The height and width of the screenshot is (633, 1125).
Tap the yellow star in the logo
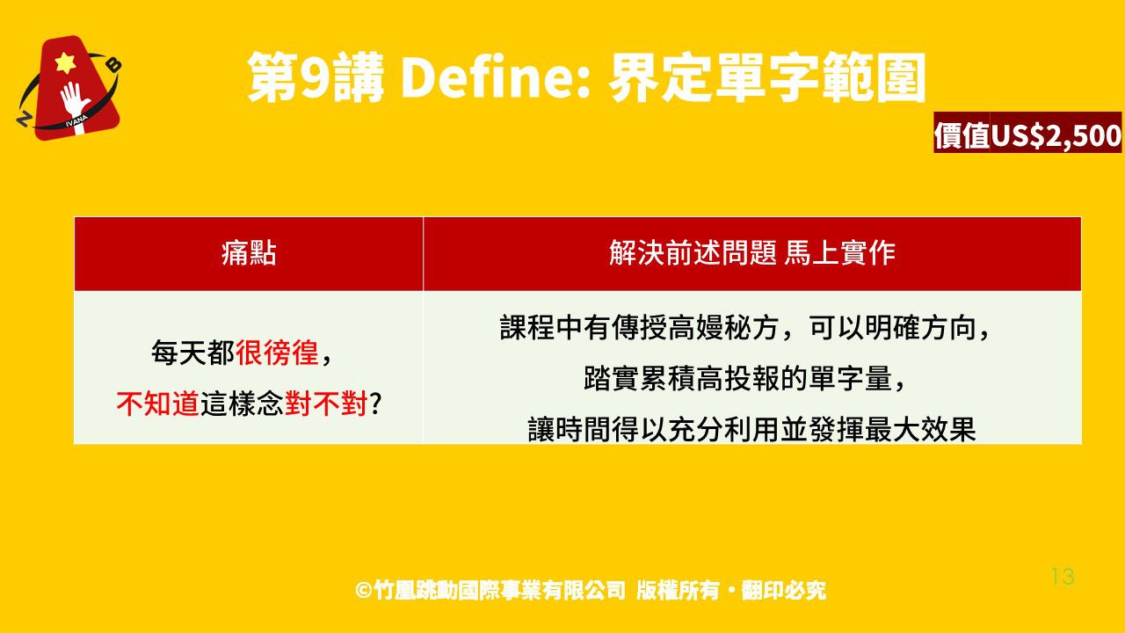tap(65, 62)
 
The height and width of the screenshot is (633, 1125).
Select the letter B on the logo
tap(115, 65)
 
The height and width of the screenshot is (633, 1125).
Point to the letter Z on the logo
tap(23, 119)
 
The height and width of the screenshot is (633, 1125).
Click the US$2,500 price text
tap(1056, 135)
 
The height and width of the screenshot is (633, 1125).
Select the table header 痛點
tap(249, 252)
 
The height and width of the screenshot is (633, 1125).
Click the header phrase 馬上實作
tap(839, 252)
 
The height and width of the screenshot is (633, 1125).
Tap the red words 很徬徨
tap(277, 353)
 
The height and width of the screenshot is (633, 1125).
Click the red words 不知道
tap(157, 404)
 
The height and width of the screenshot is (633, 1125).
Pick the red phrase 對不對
tap(326, 404)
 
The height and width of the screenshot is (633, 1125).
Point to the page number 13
tap(1063, 576)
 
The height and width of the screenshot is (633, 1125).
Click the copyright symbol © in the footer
tap(363, 590)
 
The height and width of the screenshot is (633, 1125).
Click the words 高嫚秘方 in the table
tap(724, 328)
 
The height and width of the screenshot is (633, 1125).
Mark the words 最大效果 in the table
tap(920, 430)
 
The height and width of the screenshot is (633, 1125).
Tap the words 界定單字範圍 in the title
tap(767, 78)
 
